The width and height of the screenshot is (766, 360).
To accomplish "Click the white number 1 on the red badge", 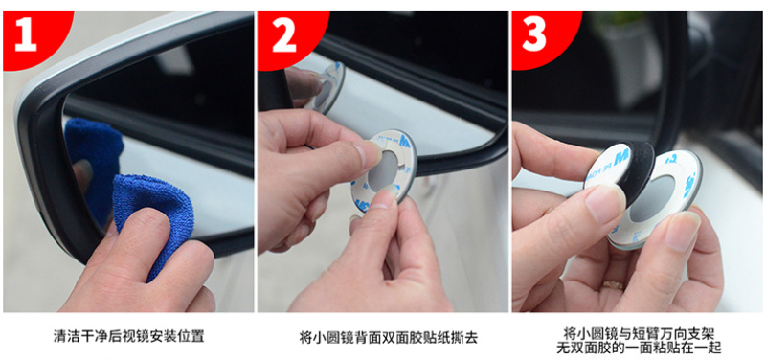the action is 26,35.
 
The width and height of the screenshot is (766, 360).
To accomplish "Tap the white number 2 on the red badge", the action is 284,35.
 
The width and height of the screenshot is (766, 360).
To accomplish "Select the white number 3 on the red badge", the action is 534,35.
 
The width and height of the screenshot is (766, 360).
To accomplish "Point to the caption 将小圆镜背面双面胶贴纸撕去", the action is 389,337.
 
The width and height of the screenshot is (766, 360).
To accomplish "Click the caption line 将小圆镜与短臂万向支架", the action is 639,334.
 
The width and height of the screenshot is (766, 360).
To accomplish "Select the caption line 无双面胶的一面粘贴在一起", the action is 639,348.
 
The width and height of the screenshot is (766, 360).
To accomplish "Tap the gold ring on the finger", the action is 613,285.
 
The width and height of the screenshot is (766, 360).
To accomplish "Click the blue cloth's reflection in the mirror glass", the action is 92,146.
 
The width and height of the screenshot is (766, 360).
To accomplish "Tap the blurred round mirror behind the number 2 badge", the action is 327,85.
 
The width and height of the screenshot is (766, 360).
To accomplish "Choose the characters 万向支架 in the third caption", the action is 687,334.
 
